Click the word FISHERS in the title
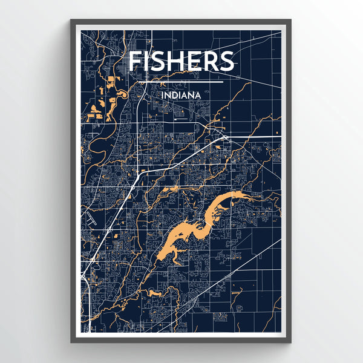181,62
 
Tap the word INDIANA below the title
181,94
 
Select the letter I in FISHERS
148,62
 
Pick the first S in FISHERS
159,62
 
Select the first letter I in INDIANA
163,94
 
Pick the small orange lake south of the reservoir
152,293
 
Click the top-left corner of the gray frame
71,21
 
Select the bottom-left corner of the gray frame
71,342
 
